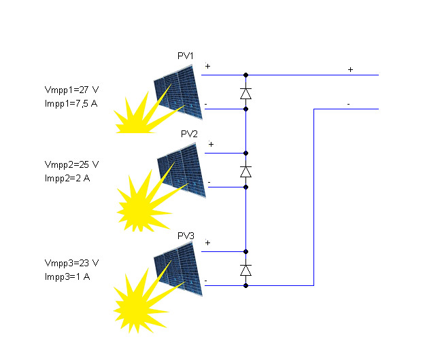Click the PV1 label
pos(186,56)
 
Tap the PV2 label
pos(189,134)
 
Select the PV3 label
pos(186,236)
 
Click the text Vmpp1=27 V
pos(71,90)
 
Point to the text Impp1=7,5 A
pos(71,103)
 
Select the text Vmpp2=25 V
pos(71,164)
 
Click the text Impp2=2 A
pos(67,178)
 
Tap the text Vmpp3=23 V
pos(71,263)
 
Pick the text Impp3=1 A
pos(67,276)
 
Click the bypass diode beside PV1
pos(246,93)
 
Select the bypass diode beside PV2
pos(246,172)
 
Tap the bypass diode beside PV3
pos(246,270)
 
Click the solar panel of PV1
pos(179,92)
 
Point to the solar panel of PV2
pos(182,170)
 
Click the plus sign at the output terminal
pos(350,69)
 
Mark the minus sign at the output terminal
pos(349,104)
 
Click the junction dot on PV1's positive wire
pos(246,75)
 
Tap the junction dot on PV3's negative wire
pos(246,285)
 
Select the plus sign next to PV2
pos(211,144)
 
